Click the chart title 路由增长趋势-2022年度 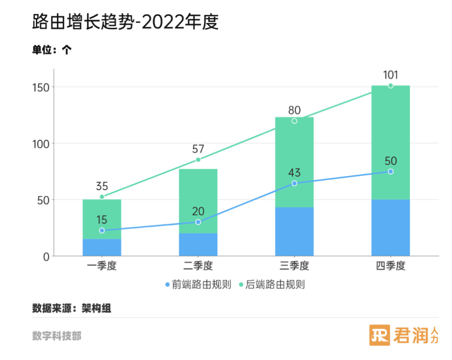tap(125, 22)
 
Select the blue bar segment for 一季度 tap(102, 247)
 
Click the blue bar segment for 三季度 tap(294, 231)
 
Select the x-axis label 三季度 tap(294, 266)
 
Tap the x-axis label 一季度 tap(102, 266)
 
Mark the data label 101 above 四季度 tap(390, 75)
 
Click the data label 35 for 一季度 tap(102, 186)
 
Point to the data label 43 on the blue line tap(294, 173)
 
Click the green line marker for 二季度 tap(198, 160)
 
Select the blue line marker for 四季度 tap(390, 172)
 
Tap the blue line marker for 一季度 tap(102, 230)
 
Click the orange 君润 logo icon tap(379, 335)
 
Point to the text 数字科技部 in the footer tap(56, 336)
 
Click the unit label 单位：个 tap(52, 49)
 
